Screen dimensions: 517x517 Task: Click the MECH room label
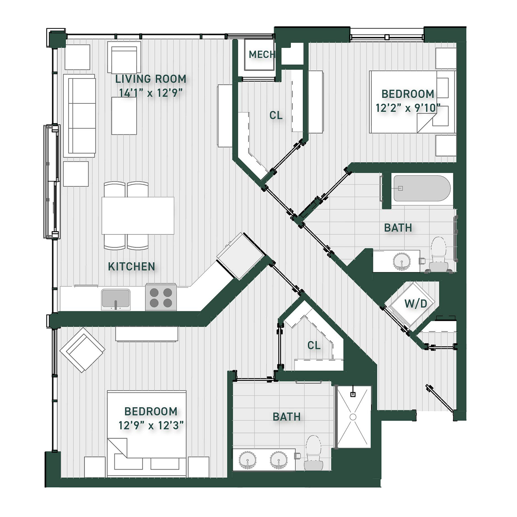pyautogui.click(x=262, y=55)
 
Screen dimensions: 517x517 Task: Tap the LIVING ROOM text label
pyautogui.click(x=150, y=79)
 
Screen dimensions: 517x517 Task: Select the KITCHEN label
pyautogui.click(x=132, y=266)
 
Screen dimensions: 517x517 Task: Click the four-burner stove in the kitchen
pyautogui.click(x=161, y=297)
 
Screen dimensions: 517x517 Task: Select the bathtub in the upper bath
pyautogui.click(x=422, y=188)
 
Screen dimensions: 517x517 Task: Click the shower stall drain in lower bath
pyautogui.click(x=353, y=417)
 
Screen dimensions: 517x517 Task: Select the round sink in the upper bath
pyautogui.click(x=401, y=261)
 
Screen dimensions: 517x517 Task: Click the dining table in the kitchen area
pyautogui.click(x=138, y=216)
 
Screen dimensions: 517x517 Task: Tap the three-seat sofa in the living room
pyautogui.click(x=80, y=116)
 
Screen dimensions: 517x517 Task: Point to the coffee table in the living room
pyautogui.click(x=124, y=116)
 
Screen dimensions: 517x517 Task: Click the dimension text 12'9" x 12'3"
pyautogui.click(x=151, y=425)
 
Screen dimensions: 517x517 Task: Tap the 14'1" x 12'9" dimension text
pyautogui.click(x=150, y=93)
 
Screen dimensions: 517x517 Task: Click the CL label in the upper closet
pyautogui.click(x=276, y=116)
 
